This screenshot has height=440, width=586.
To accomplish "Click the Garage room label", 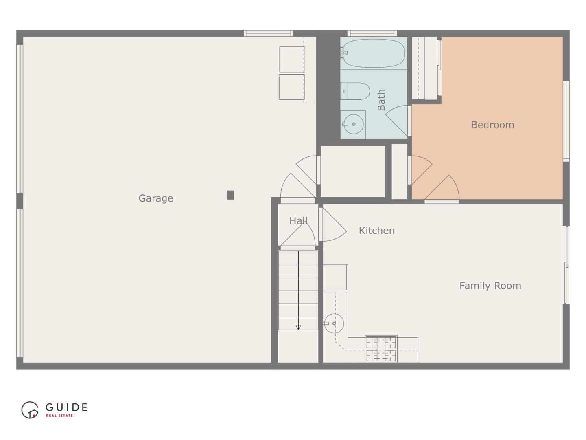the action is pos(155,198).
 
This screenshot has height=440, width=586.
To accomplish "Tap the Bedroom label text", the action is pos(492,125).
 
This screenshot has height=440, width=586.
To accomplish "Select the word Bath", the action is pos(381,100).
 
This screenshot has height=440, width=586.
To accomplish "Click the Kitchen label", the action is pos(376,231).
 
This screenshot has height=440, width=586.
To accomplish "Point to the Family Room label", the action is pos(490,286).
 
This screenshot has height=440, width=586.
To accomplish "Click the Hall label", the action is pos(298,221).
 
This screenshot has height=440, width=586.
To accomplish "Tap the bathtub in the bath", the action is pos(374,53).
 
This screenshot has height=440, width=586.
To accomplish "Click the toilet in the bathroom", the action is pos(355,91).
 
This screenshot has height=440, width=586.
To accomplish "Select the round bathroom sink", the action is pos(353,124).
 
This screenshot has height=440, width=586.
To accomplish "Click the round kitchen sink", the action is pos(334,323).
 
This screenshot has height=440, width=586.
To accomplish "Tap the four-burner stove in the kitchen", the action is pos(381,349).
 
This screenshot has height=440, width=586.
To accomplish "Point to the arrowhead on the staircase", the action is pos(298,327).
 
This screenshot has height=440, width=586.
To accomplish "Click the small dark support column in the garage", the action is pos(230,195).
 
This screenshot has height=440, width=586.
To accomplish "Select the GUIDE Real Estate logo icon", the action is pos(30,410).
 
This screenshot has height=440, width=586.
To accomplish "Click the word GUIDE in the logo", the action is pos(66,407).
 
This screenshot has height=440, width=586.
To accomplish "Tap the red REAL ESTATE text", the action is pos(59,416).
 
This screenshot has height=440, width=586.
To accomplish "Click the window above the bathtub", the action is pos(372,33).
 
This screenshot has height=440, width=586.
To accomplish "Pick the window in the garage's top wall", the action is pos(268,33).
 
